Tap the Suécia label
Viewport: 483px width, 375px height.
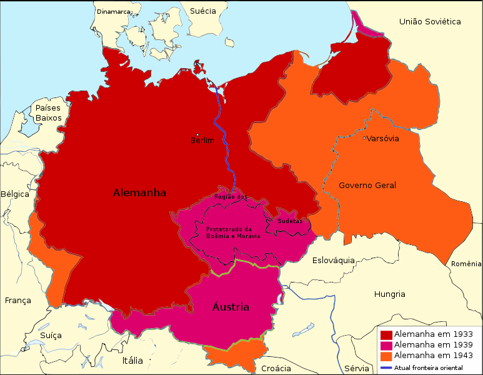click(x=202, y=11)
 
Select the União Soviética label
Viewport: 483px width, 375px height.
click(x=430, y=22)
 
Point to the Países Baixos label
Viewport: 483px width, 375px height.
click(x=48, y=112)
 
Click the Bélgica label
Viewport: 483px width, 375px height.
click(x=15, y=194)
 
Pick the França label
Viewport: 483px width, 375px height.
click(x=17, y=301)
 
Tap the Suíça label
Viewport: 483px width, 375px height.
click(x=51, y=336)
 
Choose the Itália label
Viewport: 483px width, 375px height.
click(x=132, y=361)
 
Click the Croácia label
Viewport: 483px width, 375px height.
click(x=276, y=368)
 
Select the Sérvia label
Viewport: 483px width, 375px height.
click(x=357, y=368)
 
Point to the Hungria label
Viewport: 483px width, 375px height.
click(x=389, y=294)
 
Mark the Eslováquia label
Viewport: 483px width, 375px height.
click(x=334, y=260)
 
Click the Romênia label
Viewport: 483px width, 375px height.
click(x=467, y=264)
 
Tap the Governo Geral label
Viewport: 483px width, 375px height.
click(x=367, y=185)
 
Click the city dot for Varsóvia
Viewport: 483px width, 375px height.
click(x=364, y=137)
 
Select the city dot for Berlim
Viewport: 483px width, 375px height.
click(x=198, y=134)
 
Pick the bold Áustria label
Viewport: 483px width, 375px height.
click(x=231, y=307)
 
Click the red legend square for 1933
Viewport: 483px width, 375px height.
click(x=386, y=335)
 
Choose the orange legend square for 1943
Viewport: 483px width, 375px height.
click(x=386, y=355)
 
